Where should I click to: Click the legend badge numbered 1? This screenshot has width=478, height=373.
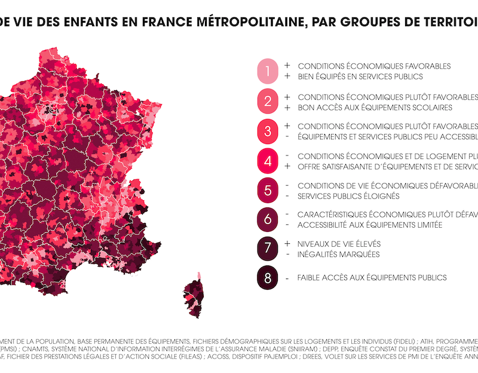268,72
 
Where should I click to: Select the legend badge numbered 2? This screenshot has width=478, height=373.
268,102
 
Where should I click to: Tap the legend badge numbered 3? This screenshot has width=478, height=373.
268,132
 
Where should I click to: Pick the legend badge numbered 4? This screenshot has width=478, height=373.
268,161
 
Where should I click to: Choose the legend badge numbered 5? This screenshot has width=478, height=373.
268,190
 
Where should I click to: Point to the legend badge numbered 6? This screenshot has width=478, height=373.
268,219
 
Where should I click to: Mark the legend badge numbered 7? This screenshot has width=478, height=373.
268,249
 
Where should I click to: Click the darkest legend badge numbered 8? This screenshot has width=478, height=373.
268,278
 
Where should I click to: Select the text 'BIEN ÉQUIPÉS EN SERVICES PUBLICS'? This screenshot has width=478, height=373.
360,77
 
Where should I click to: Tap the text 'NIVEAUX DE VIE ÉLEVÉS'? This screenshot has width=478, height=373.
339,244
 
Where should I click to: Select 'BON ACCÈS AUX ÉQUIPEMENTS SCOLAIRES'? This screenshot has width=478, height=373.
375,108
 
